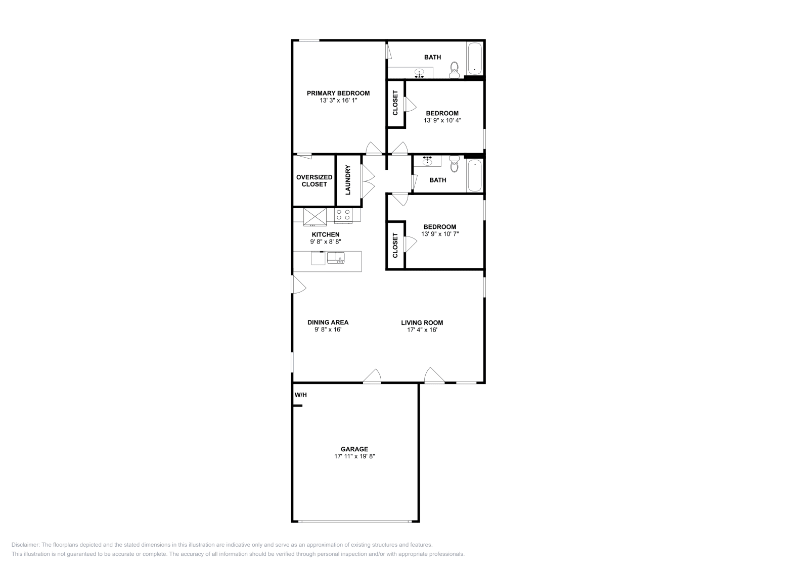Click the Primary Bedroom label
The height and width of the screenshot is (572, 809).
(x=338, y=93)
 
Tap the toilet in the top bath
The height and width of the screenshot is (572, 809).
(x=454, y=70)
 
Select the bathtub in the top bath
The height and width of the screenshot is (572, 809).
(x=474, y=59)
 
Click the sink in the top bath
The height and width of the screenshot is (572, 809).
(x=419, y=73)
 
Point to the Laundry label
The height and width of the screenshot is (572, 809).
(x=348, y=181)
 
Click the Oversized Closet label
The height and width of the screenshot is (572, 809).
(x=314, y=180)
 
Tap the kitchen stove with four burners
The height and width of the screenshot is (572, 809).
(x=343, y=215)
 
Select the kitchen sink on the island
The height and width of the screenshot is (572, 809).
(x=335, y=258)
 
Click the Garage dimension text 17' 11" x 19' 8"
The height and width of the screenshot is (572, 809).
(x=354, y=456)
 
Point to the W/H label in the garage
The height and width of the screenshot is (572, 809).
(x=300, y=395)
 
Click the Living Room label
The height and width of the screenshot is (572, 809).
(x=422, y=322)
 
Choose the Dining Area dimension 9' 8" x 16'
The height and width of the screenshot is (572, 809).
(x=328, y=330)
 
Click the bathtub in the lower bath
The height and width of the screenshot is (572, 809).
(x=474, y=176)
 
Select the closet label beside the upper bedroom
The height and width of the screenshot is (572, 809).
(x=395, y=105)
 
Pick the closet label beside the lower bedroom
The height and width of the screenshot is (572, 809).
(x=395, y=246)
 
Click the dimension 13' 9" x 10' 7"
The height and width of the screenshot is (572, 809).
(x=439, y=234)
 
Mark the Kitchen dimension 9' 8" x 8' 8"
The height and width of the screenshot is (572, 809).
(x=325, y=242)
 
